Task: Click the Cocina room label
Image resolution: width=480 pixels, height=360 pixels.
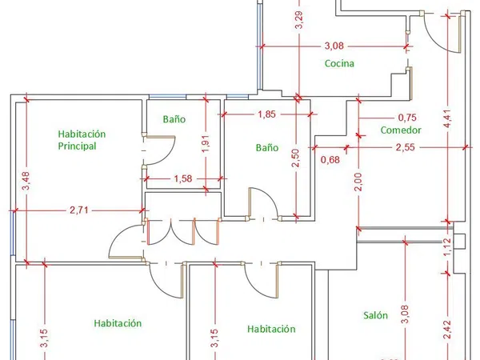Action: (339, 63)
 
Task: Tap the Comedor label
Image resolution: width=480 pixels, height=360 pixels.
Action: (401, 130)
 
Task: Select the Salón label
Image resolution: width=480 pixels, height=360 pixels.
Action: (375, 315)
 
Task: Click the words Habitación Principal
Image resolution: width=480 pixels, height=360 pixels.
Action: (82, 140)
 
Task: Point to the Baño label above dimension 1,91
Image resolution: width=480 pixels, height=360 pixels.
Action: (174, 118)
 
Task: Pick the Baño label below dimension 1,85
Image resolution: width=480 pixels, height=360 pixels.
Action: (267, 147)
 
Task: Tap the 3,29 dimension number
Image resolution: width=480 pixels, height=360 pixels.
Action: (299, 20)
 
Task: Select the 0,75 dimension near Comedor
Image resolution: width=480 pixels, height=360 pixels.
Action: (407, 118)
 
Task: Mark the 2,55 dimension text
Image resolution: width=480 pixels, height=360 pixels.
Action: (405, 147)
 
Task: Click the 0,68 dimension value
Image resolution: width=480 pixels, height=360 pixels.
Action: (330, 159)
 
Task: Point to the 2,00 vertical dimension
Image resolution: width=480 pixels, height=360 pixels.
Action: (358, 182)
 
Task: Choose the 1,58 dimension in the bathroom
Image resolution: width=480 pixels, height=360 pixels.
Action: (183, 178)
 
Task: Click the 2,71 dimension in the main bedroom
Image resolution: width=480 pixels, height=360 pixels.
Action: (79, 210)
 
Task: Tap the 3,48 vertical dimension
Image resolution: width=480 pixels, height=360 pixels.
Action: (26, 181)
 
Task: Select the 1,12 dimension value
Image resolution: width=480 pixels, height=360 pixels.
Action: (447, 247)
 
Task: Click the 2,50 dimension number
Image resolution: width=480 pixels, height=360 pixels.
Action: (295, 158)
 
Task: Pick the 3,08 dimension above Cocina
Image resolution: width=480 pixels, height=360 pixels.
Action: (334, 46)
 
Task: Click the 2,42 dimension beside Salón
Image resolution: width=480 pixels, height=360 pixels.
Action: (447, 330)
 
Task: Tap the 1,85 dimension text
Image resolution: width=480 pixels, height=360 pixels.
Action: (266, 114)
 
